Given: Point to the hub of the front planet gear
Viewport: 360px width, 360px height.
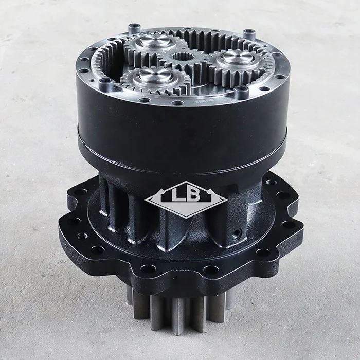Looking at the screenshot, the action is tap(156, 75).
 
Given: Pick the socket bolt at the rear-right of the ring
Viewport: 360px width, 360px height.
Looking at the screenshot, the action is tap(249, 34).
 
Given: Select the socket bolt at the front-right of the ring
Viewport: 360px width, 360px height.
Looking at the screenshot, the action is tap(242, 92).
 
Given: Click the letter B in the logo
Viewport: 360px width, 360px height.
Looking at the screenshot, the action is tap(193, 194).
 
